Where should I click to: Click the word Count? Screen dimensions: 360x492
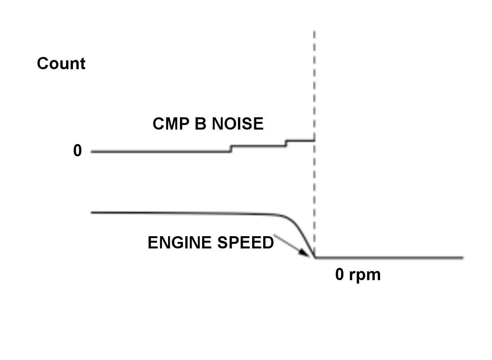click(61, 64)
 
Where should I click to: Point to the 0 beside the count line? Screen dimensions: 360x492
click(77, 151)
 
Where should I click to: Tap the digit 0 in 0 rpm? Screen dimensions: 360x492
click(340, 275)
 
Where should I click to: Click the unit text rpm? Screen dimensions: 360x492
click(365, 276)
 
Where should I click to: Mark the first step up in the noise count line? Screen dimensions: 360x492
click(231, 148)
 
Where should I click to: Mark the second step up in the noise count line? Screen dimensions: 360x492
click(286, 143)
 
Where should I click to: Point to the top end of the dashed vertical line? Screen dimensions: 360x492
click(314, 31)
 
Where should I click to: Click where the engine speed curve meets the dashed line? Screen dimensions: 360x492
click(314, 257)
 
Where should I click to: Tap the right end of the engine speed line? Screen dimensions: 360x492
click(462, 258)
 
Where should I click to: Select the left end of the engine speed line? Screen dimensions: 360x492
click(92, 212)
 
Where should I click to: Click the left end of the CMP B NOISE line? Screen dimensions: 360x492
click(92, 152)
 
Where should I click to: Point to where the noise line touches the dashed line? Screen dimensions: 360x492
click(314, 141)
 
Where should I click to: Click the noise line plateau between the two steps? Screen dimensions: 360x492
click(258, 146)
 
